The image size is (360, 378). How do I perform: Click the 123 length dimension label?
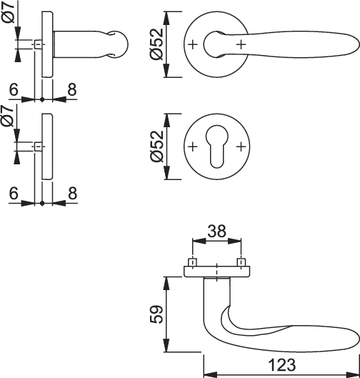[x=282, y=364]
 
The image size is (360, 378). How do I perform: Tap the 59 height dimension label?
[x=156, y=314]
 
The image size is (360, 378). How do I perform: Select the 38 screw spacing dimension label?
[x=217, y=231]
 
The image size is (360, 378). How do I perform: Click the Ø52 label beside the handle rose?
[x=156, y=44]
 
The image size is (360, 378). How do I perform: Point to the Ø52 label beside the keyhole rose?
[x=156, y=146]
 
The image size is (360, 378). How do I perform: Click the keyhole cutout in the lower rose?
[x=216, y=146]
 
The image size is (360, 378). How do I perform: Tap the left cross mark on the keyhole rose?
[x=192, y=146]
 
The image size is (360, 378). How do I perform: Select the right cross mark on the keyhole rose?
[x=241, y=146]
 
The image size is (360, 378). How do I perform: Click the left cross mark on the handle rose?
[x=192, y=44]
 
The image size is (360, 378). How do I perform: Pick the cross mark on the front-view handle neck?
[x=241, y=44]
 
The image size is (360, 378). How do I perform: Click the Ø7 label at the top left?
[x=9, y=12]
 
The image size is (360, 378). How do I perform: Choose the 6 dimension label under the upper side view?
[x=14, y=89]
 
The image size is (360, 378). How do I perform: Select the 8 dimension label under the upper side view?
[x=72, y=89]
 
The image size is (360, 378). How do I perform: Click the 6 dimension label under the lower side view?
[x=14, y=194]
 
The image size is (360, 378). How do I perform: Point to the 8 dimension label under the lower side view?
[x=73, y=194]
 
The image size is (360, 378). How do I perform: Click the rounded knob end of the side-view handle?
[x=119, y=44]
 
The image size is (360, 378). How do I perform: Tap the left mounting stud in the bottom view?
[x=193, y=262]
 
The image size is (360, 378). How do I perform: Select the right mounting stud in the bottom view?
[x=241, y=262]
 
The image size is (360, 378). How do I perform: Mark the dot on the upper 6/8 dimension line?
[x=42, y=99]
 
